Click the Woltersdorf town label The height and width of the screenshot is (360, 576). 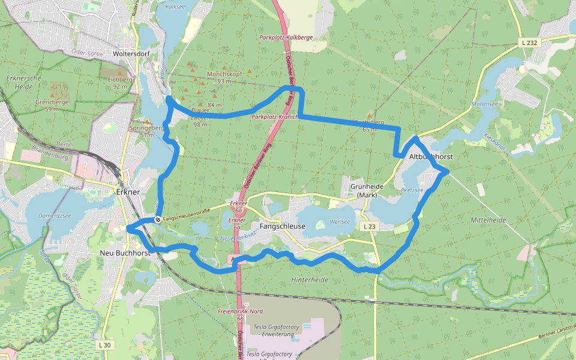[x=131, y=54]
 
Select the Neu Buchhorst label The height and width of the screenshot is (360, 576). [x=125, y=253]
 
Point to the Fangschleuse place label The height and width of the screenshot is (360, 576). [x=283, y=226]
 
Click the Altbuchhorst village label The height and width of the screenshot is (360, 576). [x=431, y=157]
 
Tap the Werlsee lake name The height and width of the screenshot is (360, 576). [x=340, y=221]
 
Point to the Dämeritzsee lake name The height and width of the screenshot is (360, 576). [x=53, y=215]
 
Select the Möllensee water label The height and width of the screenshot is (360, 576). [x=485, y=104]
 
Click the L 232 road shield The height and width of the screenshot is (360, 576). [x=529, y=43]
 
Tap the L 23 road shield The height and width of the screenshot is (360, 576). [x=370, y=226]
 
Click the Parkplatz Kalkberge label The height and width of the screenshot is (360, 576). [x=286, y=37]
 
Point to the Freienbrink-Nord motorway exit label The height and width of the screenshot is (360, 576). [x=240, y=311]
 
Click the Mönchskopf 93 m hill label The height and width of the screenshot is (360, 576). [x=224, y=77]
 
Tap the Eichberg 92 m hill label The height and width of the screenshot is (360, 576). [x=119, y=83]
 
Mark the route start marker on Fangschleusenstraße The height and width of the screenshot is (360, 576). [x=158, y=220]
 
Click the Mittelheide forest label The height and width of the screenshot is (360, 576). [x=488, y=220]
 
